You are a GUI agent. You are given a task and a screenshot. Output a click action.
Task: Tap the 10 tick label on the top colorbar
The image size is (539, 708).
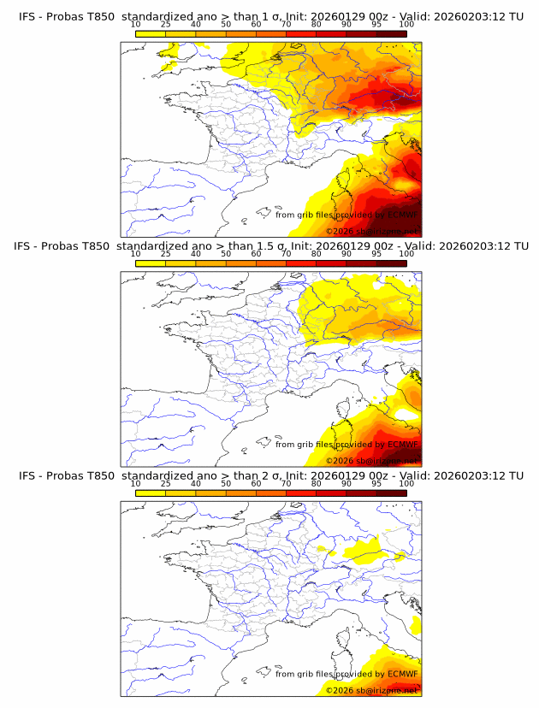135,25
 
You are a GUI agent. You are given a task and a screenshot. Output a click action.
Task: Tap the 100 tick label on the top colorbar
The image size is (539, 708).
406,25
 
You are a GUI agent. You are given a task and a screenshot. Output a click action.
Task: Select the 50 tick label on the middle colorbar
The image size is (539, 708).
226,254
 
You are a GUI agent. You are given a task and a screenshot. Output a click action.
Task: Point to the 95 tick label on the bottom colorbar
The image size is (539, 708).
376,483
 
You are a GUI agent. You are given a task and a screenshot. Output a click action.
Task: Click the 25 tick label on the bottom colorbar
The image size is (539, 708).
165,483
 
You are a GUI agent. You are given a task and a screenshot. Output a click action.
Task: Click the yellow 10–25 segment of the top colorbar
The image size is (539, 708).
151,33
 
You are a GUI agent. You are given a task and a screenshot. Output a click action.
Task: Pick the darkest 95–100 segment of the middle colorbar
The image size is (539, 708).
391,263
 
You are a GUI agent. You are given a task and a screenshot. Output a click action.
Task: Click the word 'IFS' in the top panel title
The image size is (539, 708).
29,17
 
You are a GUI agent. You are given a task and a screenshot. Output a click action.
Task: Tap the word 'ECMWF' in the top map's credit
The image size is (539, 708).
402,215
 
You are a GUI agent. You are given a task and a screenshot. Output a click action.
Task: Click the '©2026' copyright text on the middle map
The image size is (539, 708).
340,460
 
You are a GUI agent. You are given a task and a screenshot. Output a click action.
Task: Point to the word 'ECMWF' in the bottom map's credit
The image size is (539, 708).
402,674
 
